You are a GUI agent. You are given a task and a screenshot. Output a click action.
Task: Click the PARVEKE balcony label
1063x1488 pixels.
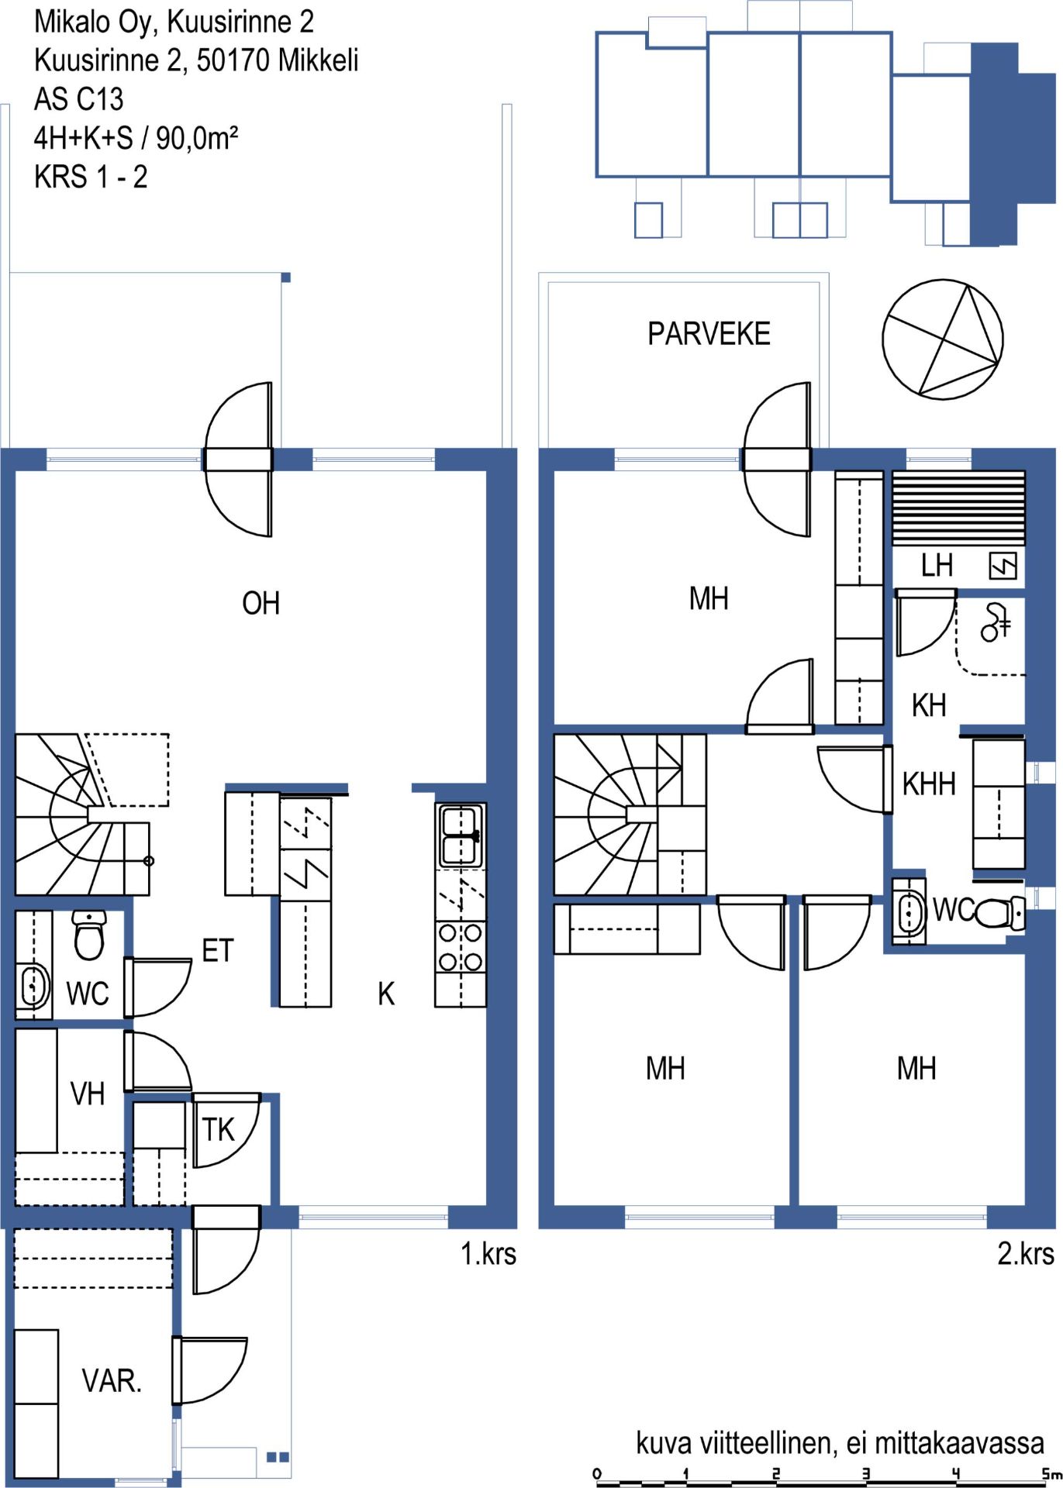[x=709, y=334]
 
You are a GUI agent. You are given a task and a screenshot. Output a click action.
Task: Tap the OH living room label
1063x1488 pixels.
[x=261, y=603]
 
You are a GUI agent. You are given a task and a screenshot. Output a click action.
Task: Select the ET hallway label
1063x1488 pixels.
[x=217, y=951]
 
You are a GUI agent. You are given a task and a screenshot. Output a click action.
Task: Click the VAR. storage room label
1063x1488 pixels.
[x=112, y=1380]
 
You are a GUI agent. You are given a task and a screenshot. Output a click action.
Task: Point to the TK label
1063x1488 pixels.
[x=218, y=1129]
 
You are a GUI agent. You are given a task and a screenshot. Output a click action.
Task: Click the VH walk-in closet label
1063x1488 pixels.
[x=87, y=1094]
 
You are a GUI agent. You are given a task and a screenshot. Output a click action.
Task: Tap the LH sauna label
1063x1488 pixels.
[x=937, y=566]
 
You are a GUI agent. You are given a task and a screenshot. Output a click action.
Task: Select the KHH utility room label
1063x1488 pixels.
[x=929, y=784]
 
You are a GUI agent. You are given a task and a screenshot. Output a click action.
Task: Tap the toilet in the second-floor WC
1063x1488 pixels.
[x=999, y=912]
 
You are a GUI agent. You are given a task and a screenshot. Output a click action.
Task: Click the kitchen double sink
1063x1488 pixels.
[x=461, y=835]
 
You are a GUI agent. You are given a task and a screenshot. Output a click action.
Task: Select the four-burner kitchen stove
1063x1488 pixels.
[x=461, y=947]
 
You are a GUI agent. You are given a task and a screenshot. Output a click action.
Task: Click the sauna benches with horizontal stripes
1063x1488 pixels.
[x=958, y=507]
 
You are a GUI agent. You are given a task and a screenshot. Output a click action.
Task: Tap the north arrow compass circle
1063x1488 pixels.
[x=943, y=339]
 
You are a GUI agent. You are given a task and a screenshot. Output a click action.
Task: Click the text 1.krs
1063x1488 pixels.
[x=488, y=1253]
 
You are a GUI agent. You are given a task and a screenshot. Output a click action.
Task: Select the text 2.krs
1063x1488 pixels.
[x=1026, y=1253]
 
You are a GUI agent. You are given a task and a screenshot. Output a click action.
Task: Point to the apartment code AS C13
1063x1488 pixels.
[x=78, y=99]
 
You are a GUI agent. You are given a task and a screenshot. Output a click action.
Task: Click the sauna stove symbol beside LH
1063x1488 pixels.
[x=1003, y=566]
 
